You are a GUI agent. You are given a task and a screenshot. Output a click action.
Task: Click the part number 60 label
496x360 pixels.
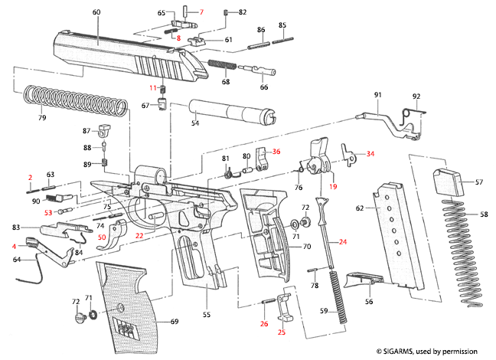point(96,13)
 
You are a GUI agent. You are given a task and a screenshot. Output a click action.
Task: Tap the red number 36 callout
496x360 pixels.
point(276,152)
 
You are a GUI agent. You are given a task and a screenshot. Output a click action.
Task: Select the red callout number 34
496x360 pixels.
point(370,154)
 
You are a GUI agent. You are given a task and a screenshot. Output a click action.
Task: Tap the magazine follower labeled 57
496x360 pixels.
point(448,182)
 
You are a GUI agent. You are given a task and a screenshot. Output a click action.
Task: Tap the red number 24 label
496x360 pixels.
point(342,242)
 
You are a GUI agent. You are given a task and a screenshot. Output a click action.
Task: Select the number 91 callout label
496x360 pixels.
point(377,94)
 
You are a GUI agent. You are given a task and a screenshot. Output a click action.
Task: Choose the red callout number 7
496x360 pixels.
point(202,13)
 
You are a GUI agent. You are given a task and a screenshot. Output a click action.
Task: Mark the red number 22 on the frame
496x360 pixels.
point(139,236)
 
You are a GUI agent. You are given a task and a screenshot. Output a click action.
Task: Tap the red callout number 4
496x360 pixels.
point(13,246)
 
